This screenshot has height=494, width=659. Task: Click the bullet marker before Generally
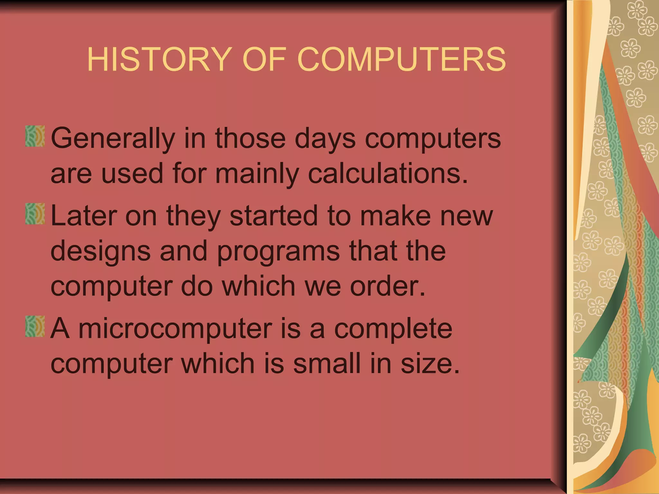click(x=35, y=136)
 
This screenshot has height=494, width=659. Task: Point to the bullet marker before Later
click(x=35, y=214)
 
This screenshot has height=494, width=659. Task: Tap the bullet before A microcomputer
click(x=35, y=326)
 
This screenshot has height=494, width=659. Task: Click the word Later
click(x=83, y=215)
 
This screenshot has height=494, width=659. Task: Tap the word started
click(x=274, y=215)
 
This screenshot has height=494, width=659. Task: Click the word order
click(x=387, y=286)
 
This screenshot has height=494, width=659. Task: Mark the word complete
click(x=393, y=329)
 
